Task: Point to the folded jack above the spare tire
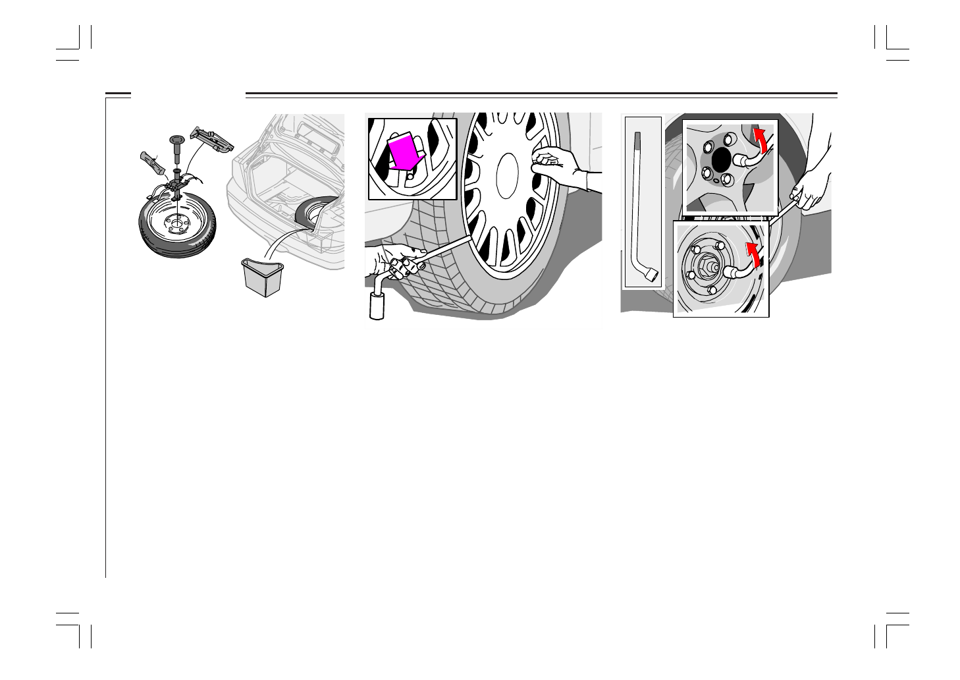(x=212, y=138)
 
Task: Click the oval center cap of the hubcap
(x=507, y=175)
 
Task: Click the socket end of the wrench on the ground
(x=377, y=307)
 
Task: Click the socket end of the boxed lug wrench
(x=652, y=277)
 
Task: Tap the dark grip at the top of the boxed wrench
(x=637, y=141)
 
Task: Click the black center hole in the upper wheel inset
(x=722, y=158)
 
